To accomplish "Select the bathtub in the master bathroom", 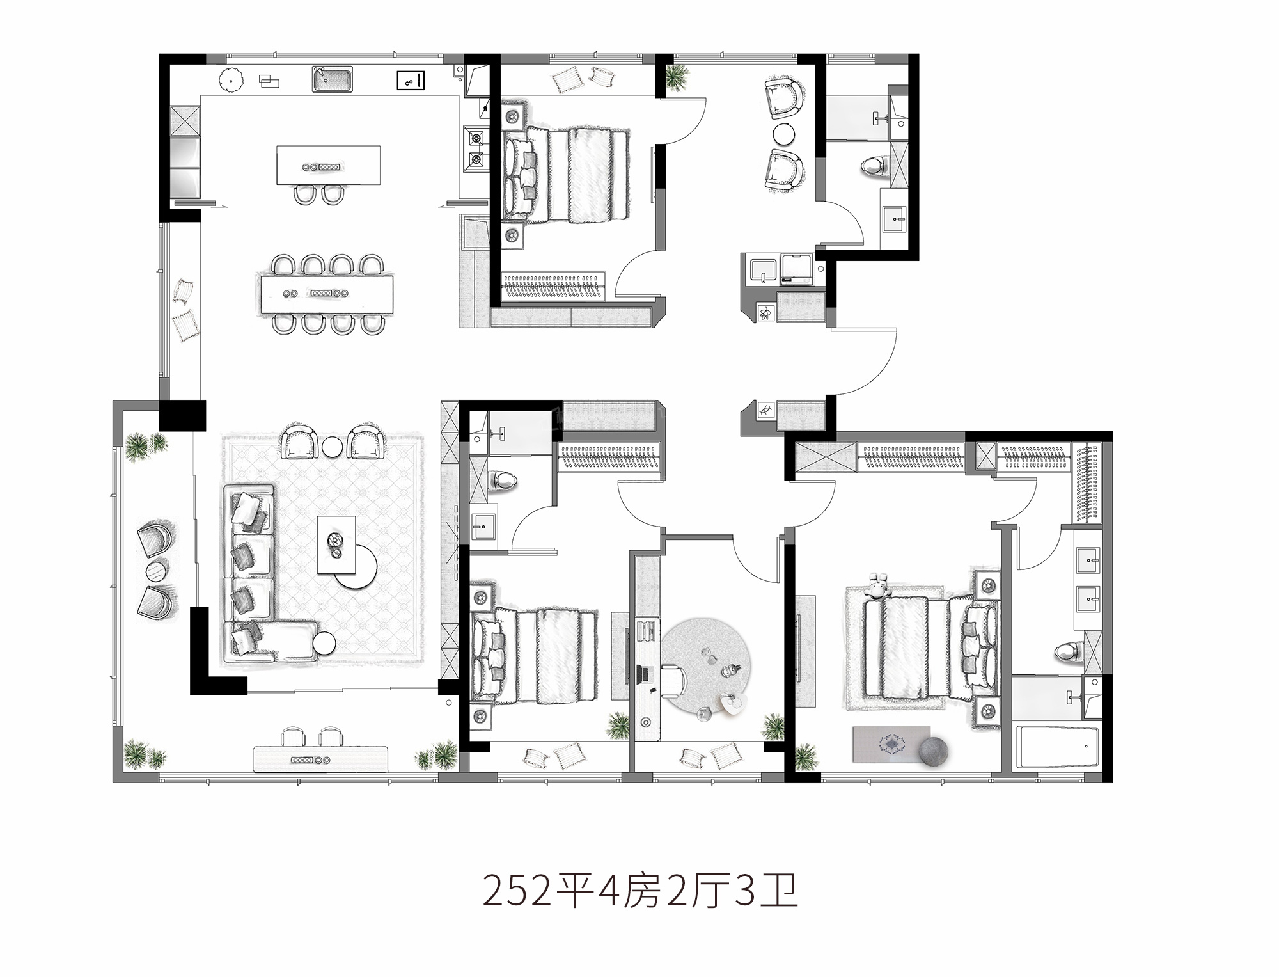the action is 1056,746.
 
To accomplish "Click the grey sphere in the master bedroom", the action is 934,751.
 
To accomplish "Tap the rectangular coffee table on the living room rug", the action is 336,544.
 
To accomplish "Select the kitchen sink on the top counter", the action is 333,79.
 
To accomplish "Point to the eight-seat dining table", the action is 326,294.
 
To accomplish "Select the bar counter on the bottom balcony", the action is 320,759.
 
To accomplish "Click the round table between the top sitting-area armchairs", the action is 783,134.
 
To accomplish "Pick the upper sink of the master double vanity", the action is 1088,560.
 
